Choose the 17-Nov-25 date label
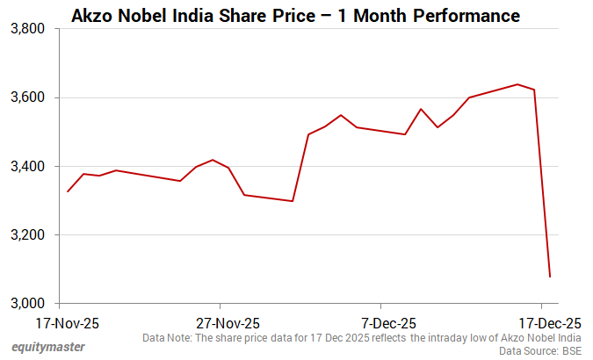point(68,322)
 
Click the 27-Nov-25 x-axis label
point(228,322)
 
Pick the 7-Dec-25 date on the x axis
point(387,322)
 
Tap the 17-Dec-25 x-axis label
point(547,322)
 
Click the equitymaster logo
point(48,347)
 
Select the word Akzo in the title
point(91,16)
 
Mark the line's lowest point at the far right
point(550,277)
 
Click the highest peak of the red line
point(517,84)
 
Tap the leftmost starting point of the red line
point(68,191)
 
